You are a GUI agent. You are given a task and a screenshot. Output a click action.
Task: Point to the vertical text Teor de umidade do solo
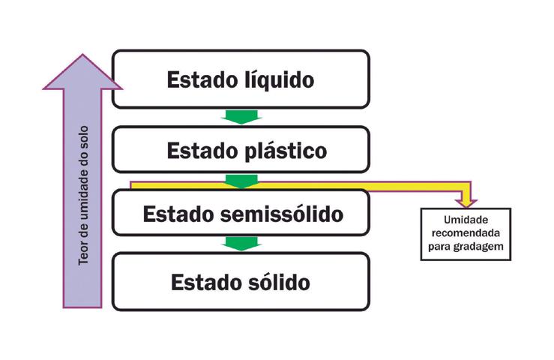pos(83,192)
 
